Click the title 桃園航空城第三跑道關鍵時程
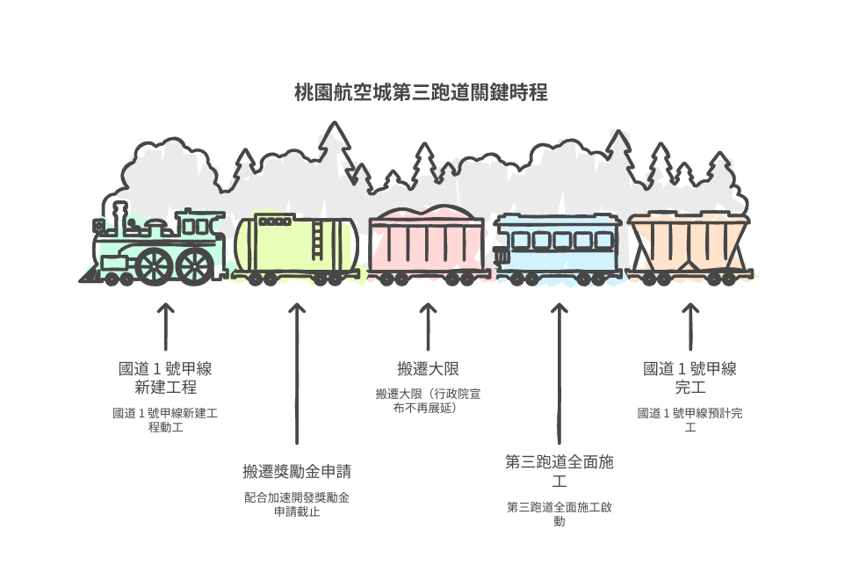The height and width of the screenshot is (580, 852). pyautogui.click(x=421, y=92)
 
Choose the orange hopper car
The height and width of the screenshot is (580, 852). pyautogui.click(x=689, y=248)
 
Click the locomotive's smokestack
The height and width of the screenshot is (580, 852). pyautogui.click(x=119, y=216)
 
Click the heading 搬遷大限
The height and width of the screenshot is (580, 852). pyautogui.click(x=428, y=369)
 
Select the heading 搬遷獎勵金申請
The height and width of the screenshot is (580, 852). pyautogui.click(x=297, y=471)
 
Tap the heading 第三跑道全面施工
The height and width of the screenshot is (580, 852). pyautogui.click(x=560, y=471)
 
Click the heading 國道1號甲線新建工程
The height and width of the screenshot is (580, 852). pyautogui.click(x=165, y=378)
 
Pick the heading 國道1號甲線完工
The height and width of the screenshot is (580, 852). pyautogui.click(x=690, y=378)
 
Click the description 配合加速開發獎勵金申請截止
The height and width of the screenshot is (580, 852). pyautogui.click(x=297, y=504)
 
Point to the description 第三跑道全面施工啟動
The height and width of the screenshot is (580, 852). pyautogui.click(x=560, y=514)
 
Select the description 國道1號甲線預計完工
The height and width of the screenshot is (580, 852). pyautogui.click(x=690, y=420)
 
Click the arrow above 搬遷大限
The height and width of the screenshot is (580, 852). pyautogui.click(x=428, y=326)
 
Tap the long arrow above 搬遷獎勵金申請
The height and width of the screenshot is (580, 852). pyautogui.click(x=297, y=373)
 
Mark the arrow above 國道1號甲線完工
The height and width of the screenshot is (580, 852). pyautogui.click(x=690, y=326)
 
